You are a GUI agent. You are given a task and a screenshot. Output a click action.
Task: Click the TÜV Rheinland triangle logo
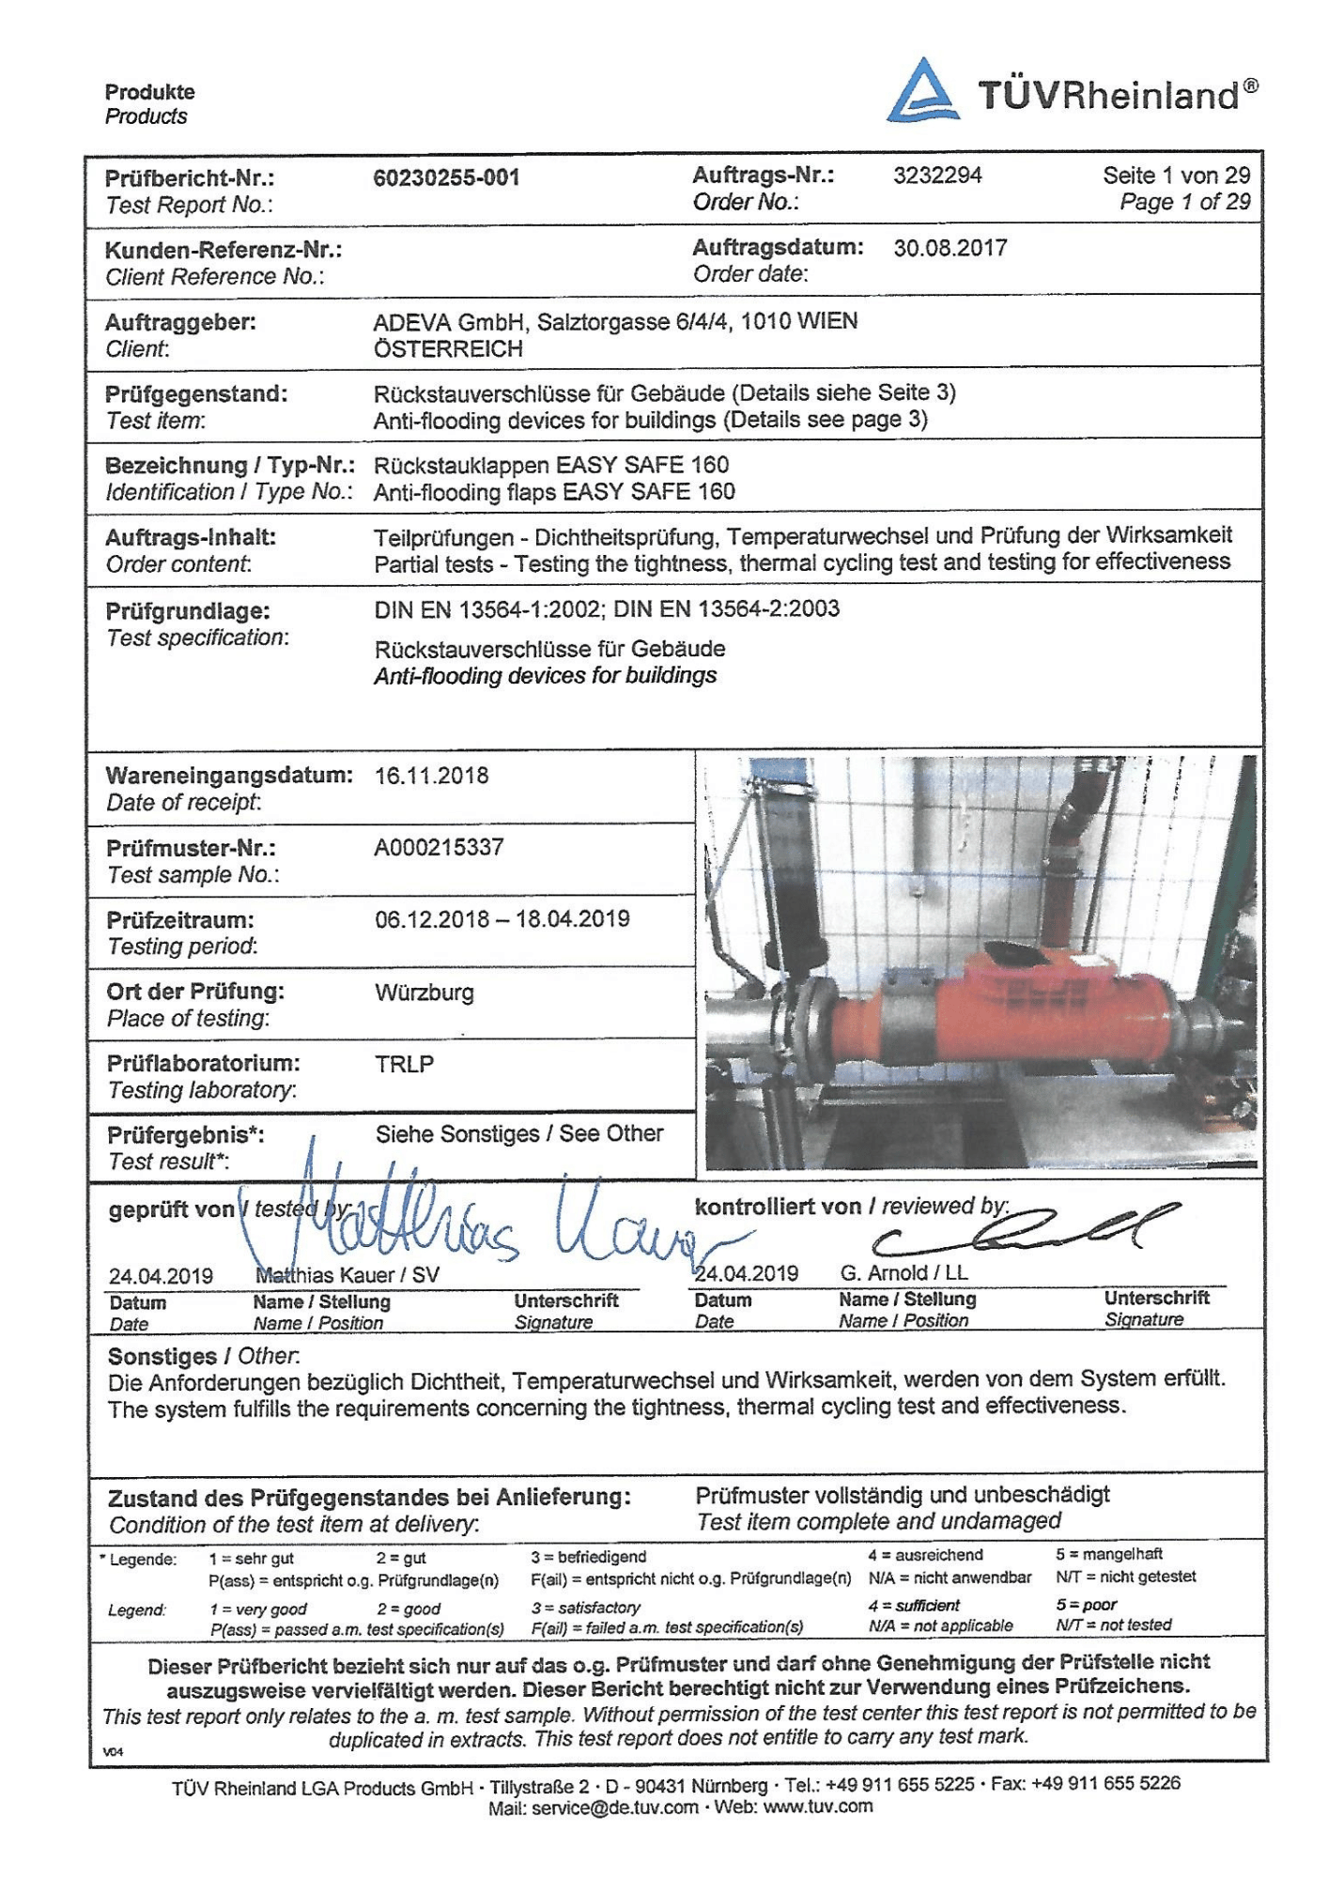923,91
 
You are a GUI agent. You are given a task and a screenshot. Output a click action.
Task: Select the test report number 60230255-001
446,177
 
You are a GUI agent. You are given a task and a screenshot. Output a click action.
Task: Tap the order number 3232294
937,176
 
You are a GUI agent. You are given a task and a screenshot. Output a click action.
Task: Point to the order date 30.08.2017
950,248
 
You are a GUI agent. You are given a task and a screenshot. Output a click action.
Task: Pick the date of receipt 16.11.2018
431,776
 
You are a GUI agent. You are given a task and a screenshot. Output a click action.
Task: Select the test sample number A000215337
439,848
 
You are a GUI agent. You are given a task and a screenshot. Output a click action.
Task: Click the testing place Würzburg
425,993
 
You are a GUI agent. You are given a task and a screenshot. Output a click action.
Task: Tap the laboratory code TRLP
404,1064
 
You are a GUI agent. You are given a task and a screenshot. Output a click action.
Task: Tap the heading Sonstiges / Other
203,1356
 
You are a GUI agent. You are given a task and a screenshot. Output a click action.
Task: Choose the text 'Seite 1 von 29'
1176,176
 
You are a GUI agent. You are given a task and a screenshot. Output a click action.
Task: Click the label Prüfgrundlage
188,611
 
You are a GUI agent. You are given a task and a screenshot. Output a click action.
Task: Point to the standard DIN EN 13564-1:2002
487,609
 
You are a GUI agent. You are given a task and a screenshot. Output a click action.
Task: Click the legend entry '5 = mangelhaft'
1108,1554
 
